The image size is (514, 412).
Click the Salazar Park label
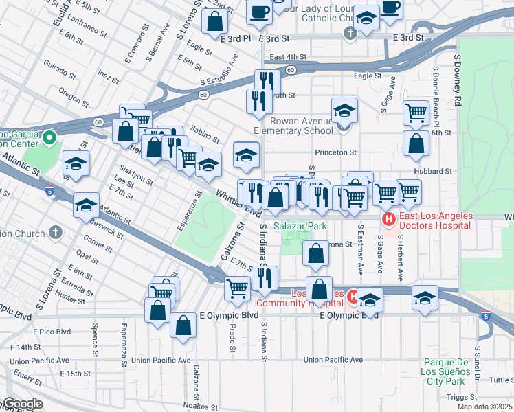pyautogui.click(x=299, y=225)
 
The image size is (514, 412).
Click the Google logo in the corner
pyautogui.click(x=22, y=404)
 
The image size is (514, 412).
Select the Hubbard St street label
pyautogui.click(x=432, y=171)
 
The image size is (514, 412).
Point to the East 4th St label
pyautogui.click(x=287, y=57)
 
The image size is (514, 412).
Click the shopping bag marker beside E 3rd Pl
pyautogui.click(x=215, y=21)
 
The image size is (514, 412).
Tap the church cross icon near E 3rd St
pyautogui.click(x=350, y=33)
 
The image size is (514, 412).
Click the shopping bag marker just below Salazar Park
pyautogui.click(x=315, y=253)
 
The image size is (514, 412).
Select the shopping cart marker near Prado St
pyautogui.click(x=237, y=289)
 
